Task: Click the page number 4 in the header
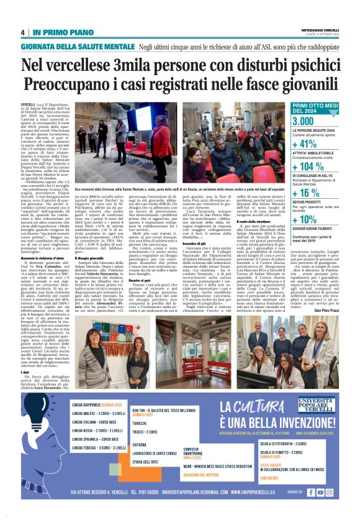click(22, 32)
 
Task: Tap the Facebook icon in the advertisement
click(311, 492)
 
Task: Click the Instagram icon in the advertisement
click(330, 492)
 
